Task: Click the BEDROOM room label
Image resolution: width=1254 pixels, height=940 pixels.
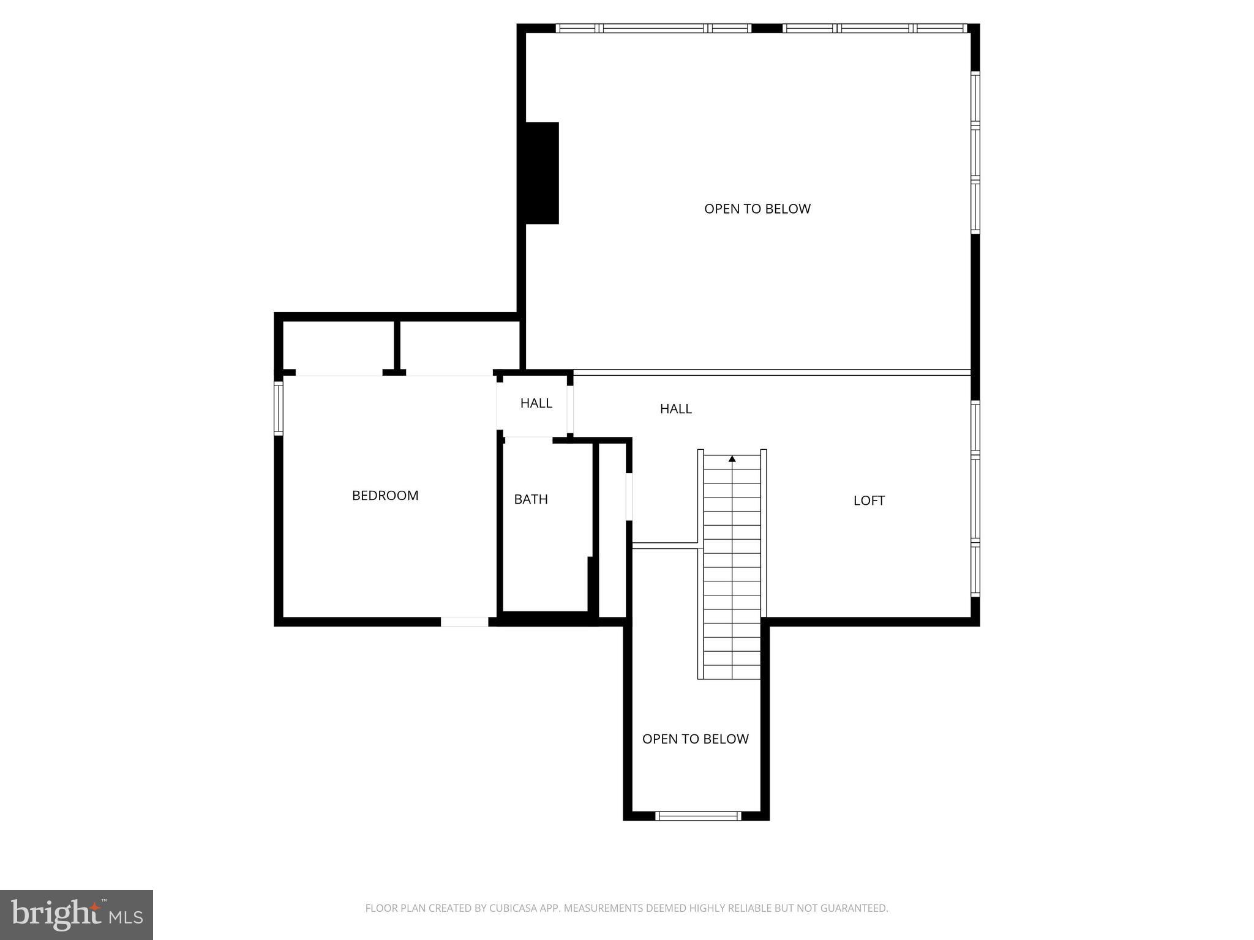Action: pos(385,496)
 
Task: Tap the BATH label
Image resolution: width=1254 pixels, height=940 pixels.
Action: pos(531,499)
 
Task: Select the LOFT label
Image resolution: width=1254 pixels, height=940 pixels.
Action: pos(869,501)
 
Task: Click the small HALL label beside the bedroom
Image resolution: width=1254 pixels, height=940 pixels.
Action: pos(536,403)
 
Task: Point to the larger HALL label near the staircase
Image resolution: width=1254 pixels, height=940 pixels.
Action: pos(675,409)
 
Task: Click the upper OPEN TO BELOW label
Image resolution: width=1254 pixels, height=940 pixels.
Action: pos(757,209)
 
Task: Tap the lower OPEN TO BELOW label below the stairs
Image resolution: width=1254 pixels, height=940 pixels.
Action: pos(695,739)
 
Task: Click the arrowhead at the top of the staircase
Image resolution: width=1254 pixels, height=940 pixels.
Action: pos(732,458)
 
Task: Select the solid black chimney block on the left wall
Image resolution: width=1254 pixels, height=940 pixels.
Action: pos(541,173)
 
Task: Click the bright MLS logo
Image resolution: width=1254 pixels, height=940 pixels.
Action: pos(77,915)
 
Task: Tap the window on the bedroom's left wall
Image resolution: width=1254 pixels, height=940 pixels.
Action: pos(279,408)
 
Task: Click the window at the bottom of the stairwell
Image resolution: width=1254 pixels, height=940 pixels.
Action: pos(698,815)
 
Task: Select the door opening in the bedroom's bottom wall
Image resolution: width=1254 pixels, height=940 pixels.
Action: pos(465,622)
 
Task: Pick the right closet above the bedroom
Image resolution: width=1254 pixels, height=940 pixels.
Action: pos(460,346)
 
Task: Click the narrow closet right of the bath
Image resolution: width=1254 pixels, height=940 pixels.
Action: pos(612,529)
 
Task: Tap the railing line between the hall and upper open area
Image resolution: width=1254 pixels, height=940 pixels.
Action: pos(772,372)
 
